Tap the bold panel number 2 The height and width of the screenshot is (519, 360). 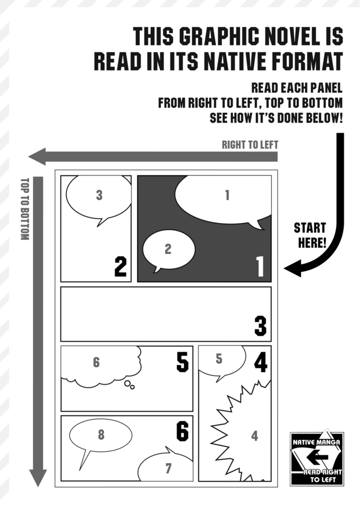coord(120,266)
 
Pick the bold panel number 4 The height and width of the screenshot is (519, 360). coord(260,362)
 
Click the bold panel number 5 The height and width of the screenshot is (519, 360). coord(182,362)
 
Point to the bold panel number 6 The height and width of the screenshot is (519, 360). coord(182,431)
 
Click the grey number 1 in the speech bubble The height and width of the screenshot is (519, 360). coord(227,195)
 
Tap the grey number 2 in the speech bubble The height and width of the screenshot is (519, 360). coord(168,249)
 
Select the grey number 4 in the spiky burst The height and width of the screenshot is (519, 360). coord(254,436)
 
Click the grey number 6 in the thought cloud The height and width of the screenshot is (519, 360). coord(96,362)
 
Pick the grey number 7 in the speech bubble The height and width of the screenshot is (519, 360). coord(168,468)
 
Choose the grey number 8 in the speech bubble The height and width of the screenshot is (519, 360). coord(101,435)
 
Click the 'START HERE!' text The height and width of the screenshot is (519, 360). coord(310,235)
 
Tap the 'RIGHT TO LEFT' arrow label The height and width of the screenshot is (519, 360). coord(250,145)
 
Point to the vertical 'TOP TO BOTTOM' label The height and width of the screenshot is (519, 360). coord(24,209)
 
